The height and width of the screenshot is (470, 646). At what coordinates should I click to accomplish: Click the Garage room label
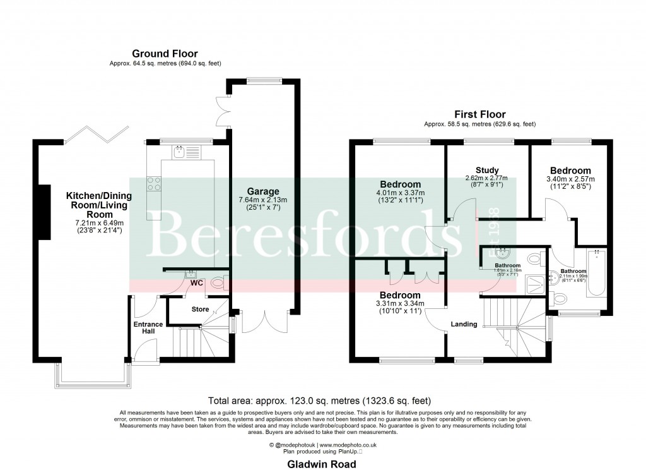[263, 191]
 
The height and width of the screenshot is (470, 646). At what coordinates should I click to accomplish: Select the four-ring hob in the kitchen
[153, 183]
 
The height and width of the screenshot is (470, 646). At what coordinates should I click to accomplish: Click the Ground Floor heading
[165, 54]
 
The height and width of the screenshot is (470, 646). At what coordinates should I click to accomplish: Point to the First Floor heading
[480, 114]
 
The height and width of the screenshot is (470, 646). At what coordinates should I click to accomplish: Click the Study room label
[488, 170]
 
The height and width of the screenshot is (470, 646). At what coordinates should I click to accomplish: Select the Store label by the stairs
[200, 309]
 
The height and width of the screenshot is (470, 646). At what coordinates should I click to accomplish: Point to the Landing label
[463, 324]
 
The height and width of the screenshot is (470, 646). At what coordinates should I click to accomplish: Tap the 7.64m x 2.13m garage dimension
[263, 201]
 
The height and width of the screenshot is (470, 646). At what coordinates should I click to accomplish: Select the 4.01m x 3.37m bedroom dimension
[400, 193]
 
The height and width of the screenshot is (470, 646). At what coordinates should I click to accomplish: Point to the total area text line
[322, 400]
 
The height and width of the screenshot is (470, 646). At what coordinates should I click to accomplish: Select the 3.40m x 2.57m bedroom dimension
[570, 179]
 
